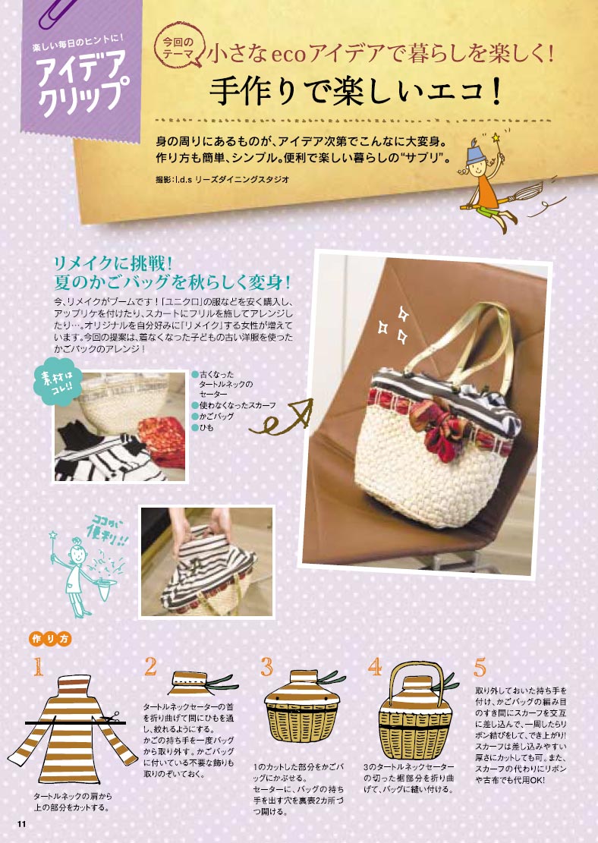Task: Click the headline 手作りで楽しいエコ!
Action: (355, 91)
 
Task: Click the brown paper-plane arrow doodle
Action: (281, 418)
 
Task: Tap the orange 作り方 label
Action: (50, 639)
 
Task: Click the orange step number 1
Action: (38, 667)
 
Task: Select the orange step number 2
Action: (150, 667)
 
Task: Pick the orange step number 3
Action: (266, 667)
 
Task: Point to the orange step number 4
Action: (375, 667)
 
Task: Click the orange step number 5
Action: (480, 667)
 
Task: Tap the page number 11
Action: (21, 825)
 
